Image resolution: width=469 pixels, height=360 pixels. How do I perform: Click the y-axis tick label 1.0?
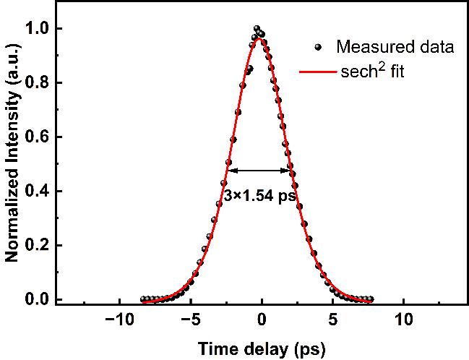pyautogui.click(x=35, y=29)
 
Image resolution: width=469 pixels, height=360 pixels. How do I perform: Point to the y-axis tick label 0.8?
pyautogui.click(x=35, y=83)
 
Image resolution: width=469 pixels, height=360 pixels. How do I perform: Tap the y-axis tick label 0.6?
pyautogui.click(x=35, y=137)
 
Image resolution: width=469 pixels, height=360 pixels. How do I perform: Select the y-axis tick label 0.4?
pyautogui.click(x=35, y=192)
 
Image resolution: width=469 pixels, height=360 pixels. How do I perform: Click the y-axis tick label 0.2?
pyautogui.click(x=35, y=246)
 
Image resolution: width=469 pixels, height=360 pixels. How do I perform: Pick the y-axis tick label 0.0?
pyautogui.click(x=35, y=299)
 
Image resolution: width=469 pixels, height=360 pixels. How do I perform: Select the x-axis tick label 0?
pyautogui.click(x=262, y=320)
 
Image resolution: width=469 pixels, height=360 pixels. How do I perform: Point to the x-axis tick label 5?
pyautogui.click(x=332, y=320)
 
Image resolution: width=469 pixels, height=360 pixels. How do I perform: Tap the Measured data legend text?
pyautogui.click(x=395, y=48)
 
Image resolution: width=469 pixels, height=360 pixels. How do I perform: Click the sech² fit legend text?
pyautogui.click(x=372, y=72)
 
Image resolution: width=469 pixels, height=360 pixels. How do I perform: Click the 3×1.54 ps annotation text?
pyautogui.click(x=258, y=195)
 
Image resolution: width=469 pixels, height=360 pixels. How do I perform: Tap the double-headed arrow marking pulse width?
pyautogui.click(x=259, y=171)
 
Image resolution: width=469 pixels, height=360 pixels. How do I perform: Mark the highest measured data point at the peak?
pyautogui.click(x=257, y=29)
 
